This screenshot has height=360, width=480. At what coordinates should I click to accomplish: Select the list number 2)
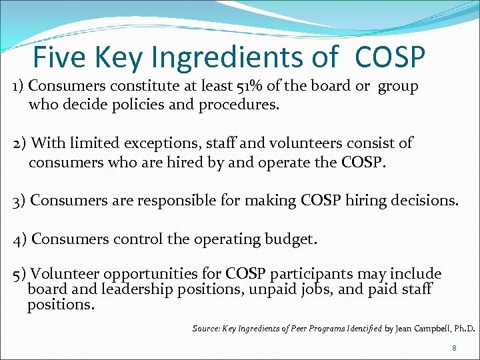19,143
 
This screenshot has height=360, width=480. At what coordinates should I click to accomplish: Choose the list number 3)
20,201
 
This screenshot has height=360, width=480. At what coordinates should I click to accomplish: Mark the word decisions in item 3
424,201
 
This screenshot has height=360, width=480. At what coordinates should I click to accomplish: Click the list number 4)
20,239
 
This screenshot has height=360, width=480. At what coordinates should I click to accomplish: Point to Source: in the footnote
205,329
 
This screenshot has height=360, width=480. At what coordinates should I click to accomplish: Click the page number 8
454,348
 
